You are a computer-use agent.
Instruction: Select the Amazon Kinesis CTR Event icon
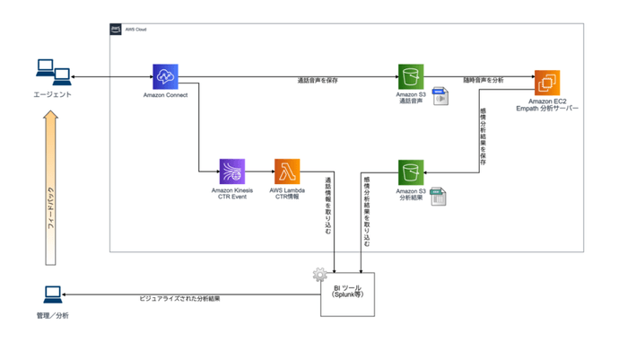coord(233,171)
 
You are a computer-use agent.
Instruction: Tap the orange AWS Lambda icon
coord(288,171)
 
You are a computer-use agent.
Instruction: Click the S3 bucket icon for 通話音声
coord(412,76)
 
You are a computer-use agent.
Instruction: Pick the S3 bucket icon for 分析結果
coord(412,171)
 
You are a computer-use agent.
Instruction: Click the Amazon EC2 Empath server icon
coord(546,83)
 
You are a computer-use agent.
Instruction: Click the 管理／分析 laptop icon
coord(53,295)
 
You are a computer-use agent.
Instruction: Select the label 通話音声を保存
coord(318,81)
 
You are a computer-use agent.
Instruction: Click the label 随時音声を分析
coord(483,81)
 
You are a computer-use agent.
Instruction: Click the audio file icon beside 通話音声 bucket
coord(440,96)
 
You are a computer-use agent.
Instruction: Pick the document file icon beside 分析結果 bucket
coord(439,197)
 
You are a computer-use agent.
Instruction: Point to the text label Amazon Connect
coord(165,95)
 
